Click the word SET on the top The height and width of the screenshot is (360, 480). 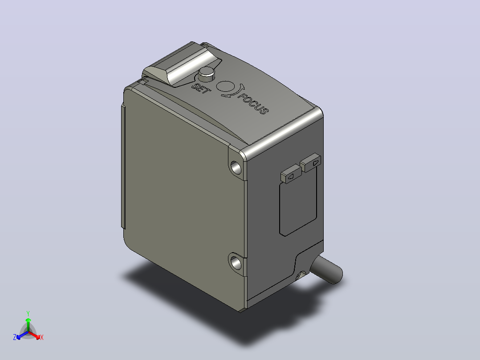201,89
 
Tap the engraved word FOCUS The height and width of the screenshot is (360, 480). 253,104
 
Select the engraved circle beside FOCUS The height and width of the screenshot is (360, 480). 226,86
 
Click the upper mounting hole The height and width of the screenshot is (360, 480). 236,167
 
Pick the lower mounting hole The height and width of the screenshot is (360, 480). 236,262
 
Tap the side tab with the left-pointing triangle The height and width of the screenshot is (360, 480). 291,174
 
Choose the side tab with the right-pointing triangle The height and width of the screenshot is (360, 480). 311,162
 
